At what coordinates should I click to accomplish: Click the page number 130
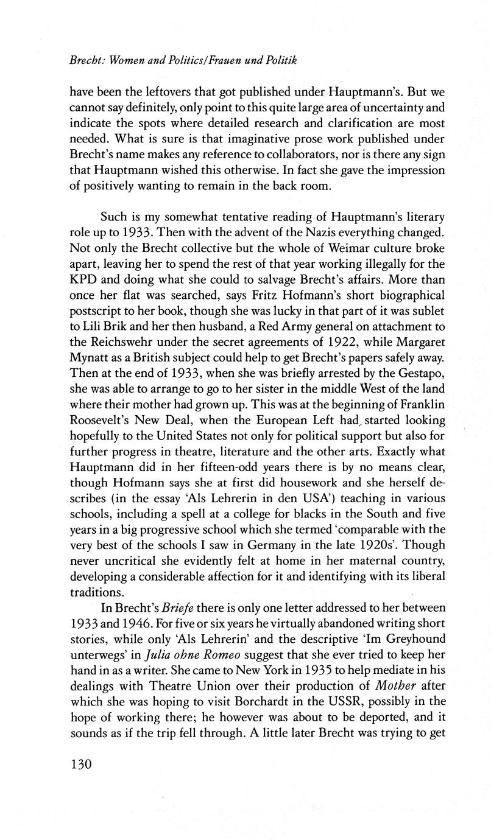point(80,763)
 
